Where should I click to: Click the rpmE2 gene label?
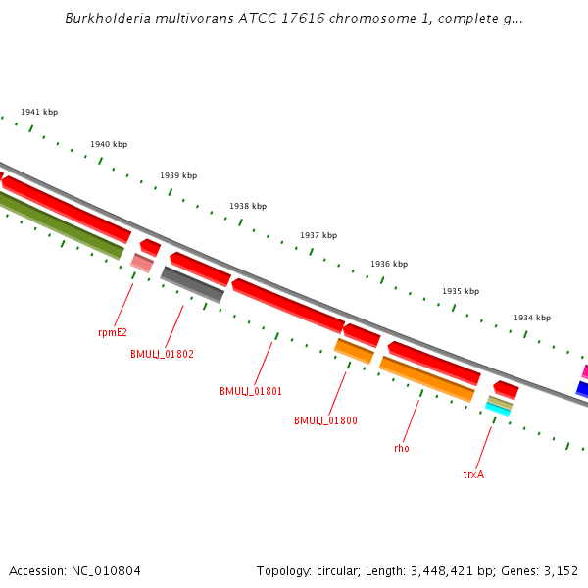click(113, 332)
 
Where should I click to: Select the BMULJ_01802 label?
click(162, 354)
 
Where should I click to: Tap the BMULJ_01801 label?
click(251, 391)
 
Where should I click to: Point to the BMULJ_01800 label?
click(325, 420)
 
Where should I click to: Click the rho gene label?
click(402, 448)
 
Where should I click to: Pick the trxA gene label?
click(474, 474)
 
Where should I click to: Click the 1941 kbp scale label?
click(39, 112)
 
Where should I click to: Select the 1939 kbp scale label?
click(178, 175)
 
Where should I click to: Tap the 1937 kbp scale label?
click(318, 235)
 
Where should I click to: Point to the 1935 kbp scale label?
click(461, 291)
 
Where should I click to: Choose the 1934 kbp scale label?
click(532, 318)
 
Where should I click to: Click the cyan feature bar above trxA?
click(497, 410)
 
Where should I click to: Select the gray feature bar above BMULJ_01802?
click(192, 284)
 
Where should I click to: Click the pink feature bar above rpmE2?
click(142, 263)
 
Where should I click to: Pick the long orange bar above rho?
click(426, 379)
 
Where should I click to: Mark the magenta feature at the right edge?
click(584, 371)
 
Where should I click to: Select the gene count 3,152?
click(560, 570)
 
